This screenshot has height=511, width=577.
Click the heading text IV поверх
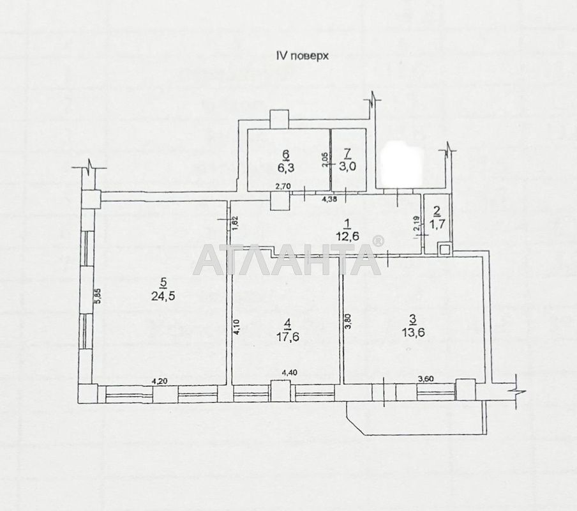point(302,56)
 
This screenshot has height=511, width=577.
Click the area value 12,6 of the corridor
point(347,236)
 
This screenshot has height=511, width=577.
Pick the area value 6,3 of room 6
point(285,168)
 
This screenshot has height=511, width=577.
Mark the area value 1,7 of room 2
point(437,224)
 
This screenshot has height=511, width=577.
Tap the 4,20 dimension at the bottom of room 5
point(160,381)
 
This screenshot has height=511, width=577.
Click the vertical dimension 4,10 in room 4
point(236,328)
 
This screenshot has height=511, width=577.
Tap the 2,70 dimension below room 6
point(283,186)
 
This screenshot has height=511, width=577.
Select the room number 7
point(347,154)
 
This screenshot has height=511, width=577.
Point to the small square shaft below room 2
point(444,249)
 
